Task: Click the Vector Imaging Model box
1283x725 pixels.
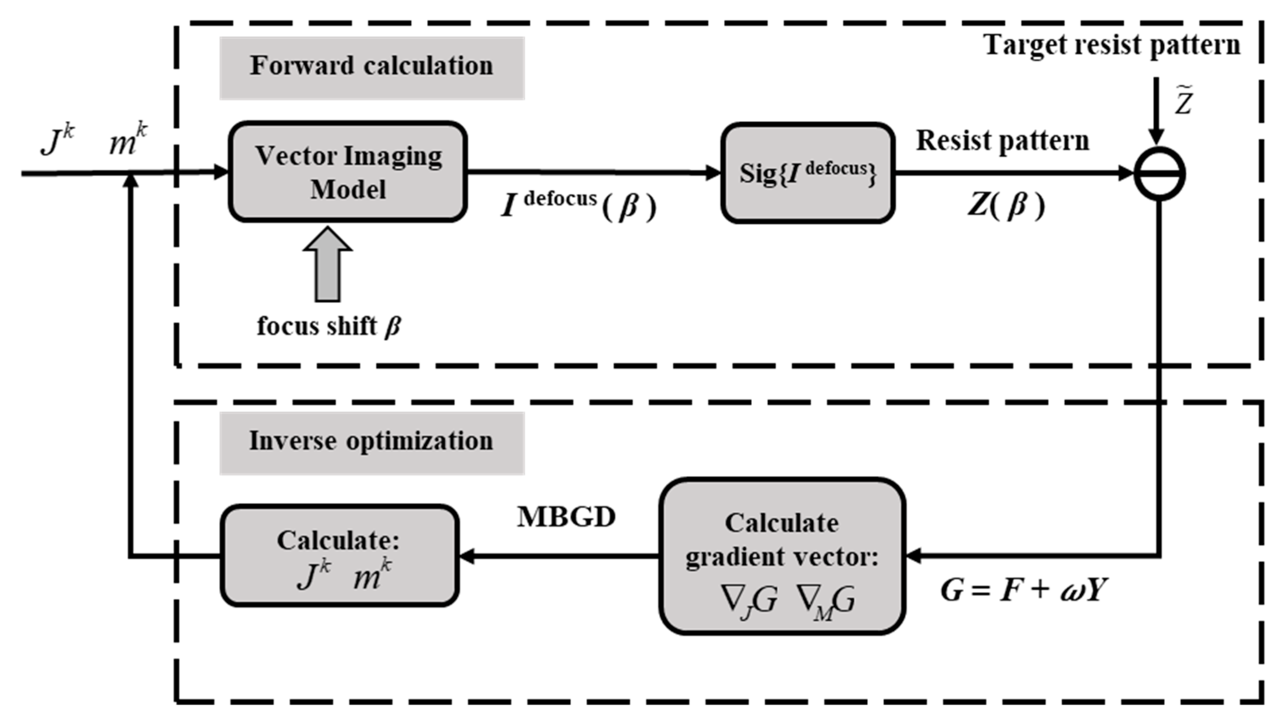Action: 348,172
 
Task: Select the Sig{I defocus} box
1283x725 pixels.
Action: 807,173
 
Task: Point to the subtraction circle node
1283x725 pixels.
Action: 1159,174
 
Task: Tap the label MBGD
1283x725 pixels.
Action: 566,517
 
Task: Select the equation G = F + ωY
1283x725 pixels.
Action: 1024,591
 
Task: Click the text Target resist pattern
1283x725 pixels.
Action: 1112,46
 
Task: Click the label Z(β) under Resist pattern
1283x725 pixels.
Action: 1006,205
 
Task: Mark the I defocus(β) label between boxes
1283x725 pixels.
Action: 578,204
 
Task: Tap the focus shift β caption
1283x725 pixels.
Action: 329,327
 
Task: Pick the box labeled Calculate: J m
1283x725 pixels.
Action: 340,556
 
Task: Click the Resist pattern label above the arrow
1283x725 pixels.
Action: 1003,141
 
